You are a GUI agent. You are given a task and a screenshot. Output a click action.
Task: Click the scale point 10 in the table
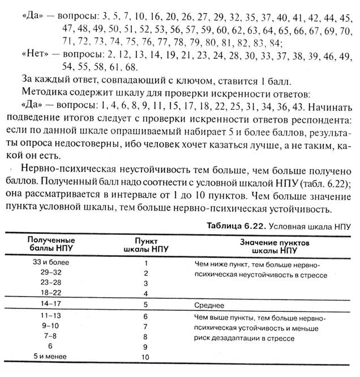[146, 357]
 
